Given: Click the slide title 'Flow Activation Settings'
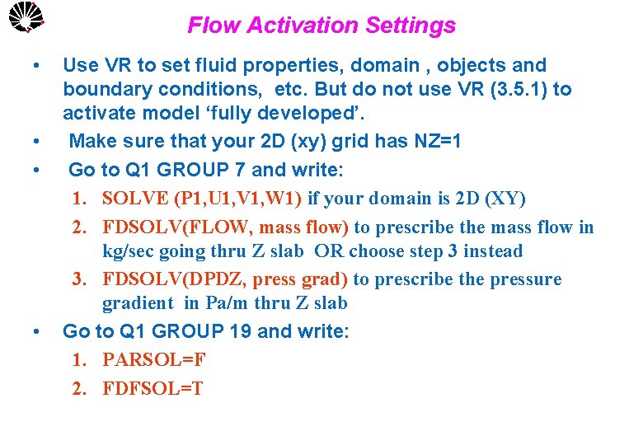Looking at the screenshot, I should tap(321, 26).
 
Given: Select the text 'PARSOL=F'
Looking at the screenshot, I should tap(154, 360).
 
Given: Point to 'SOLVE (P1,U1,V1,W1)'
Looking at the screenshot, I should tap(202, 199).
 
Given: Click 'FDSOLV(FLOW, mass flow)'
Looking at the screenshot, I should tap(225, 227).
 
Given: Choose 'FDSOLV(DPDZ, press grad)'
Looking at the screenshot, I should tap(225, 279).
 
